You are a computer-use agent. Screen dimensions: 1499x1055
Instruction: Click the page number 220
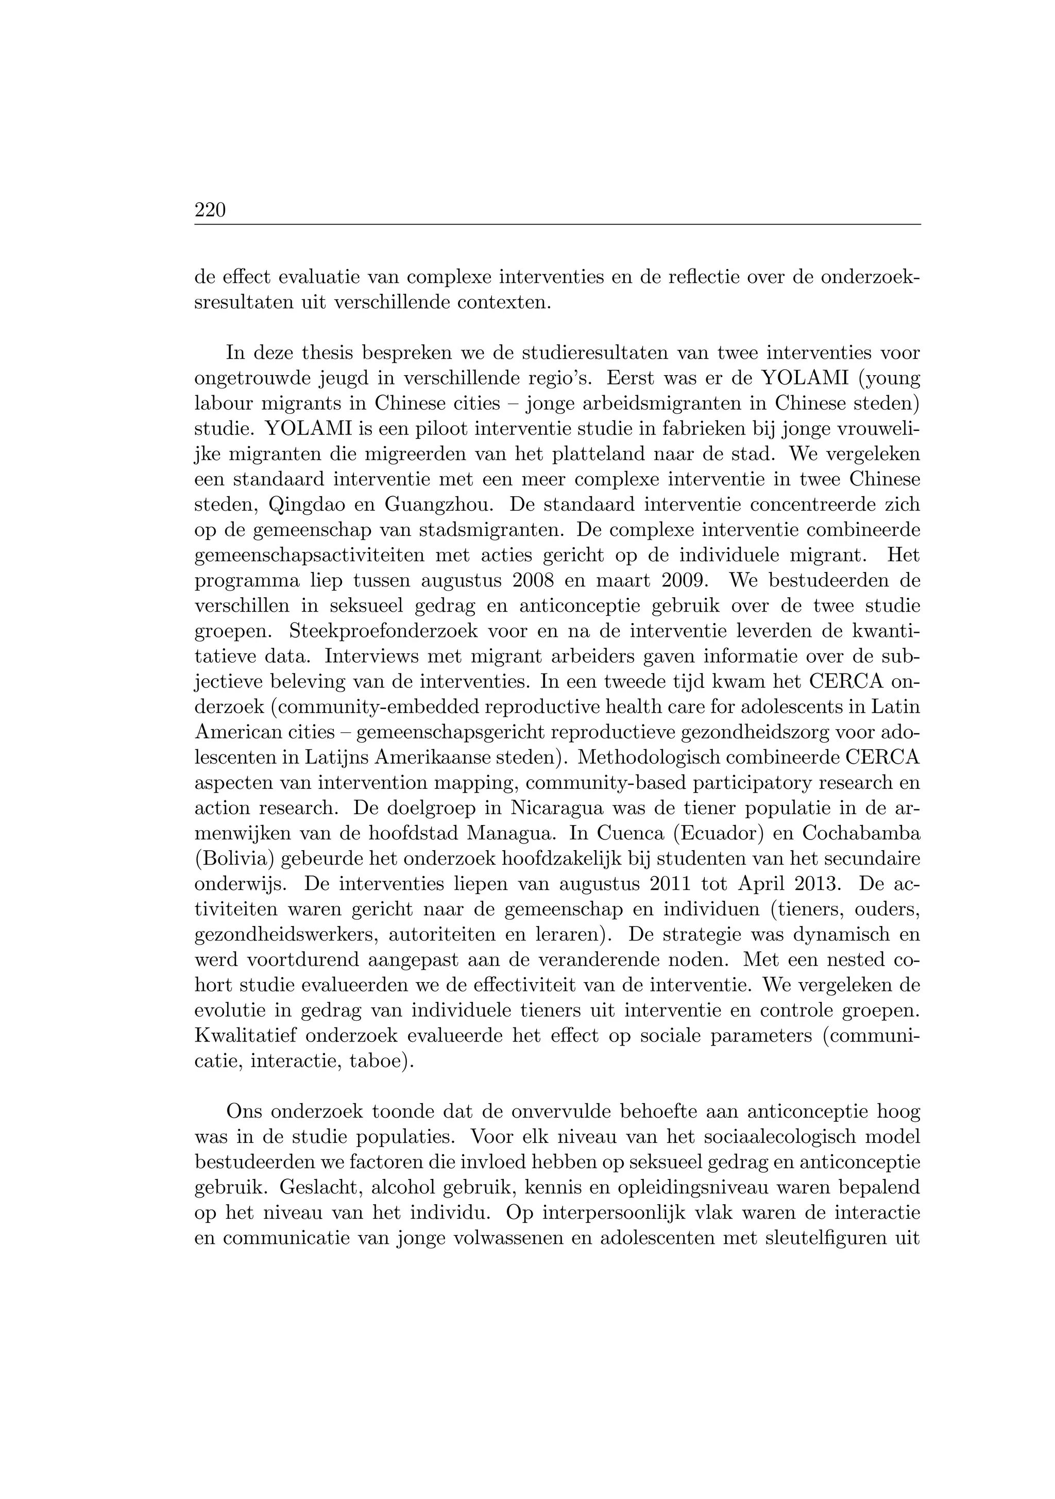(x=210, y=211)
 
